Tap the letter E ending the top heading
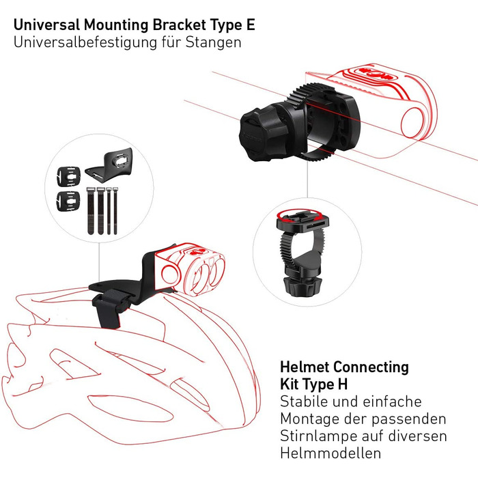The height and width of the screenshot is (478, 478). (251, 25)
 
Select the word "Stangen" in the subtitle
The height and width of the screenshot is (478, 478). (213, 42)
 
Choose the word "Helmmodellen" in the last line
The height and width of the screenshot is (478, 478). (331, 453)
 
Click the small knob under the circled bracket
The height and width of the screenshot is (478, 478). (300, 286)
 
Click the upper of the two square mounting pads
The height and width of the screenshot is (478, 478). (69, 176)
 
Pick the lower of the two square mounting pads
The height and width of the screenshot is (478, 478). (68, 201)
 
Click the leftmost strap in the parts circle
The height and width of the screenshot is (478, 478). (91, 210)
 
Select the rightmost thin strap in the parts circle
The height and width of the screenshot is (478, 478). (115, 211)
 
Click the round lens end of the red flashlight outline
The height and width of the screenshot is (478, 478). (412, 123)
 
